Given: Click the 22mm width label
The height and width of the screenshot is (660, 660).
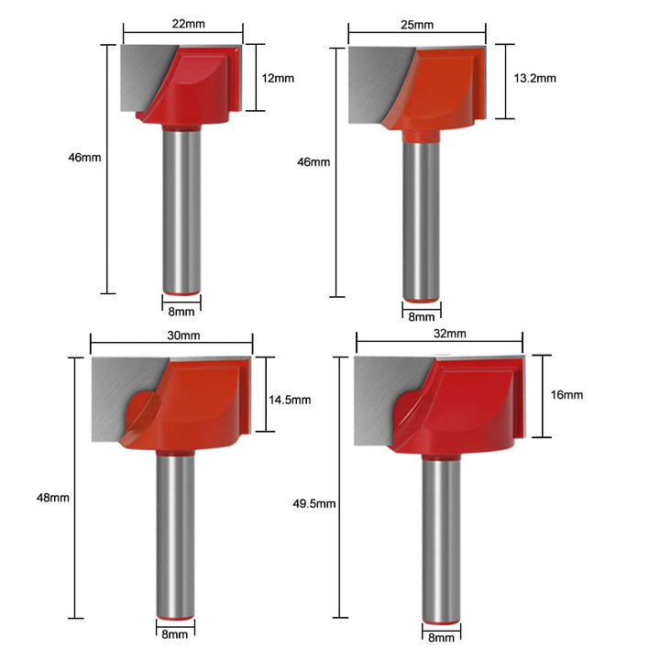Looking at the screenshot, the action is click(x=189, y=24).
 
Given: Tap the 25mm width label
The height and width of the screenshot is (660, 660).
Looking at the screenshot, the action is click(x=417, y=25).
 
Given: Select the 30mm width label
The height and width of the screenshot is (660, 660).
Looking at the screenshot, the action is click(x=183, y=335).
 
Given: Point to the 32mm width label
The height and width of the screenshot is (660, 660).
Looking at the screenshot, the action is click(x=449, y=334).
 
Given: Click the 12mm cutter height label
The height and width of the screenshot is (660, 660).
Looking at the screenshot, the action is click(x=278, y=78).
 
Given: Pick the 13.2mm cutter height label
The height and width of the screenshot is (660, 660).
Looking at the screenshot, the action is click(x=534, y=78).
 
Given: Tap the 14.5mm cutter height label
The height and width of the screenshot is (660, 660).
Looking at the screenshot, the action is click(x=290, y=400).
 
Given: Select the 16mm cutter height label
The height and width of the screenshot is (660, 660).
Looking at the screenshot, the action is click(x=566, y=395).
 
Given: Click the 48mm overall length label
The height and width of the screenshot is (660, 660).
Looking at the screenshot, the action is click(x=53, y=498).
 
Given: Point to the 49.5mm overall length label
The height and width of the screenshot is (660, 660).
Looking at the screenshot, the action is click(x=314, y=503).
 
